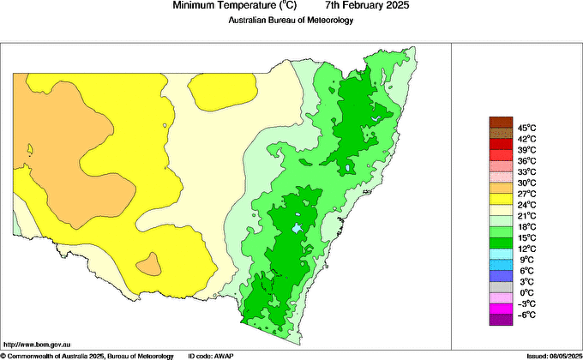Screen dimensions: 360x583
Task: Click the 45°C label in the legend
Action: pos(526,128)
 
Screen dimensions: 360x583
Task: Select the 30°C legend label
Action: pos(526,183)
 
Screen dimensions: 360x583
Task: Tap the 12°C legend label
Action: pos(526,249)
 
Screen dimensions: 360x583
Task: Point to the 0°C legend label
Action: pos(526,292)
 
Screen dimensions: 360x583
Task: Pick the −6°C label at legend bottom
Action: pos(526,315)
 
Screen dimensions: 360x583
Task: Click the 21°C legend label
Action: pos(526,215)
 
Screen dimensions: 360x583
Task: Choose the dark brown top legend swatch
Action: pos(500,123)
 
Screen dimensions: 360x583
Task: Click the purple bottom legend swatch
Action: pos(500,320)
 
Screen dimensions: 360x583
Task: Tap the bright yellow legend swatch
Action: pos(500,199)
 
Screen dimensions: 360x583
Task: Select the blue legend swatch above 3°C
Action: pos(500,276)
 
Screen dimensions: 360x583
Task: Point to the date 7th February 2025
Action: pos(362,6)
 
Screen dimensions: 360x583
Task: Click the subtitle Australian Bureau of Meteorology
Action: pos(291,21)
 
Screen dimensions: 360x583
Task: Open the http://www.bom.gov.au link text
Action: pos(37,342)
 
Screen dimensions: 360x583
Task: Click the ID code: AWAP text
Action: pos(211,355)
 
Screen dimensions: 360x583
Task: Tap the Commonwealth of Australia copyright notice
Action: pos(87,355)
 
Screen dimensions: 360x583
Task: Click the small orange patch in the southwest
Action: pos(149,264)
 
